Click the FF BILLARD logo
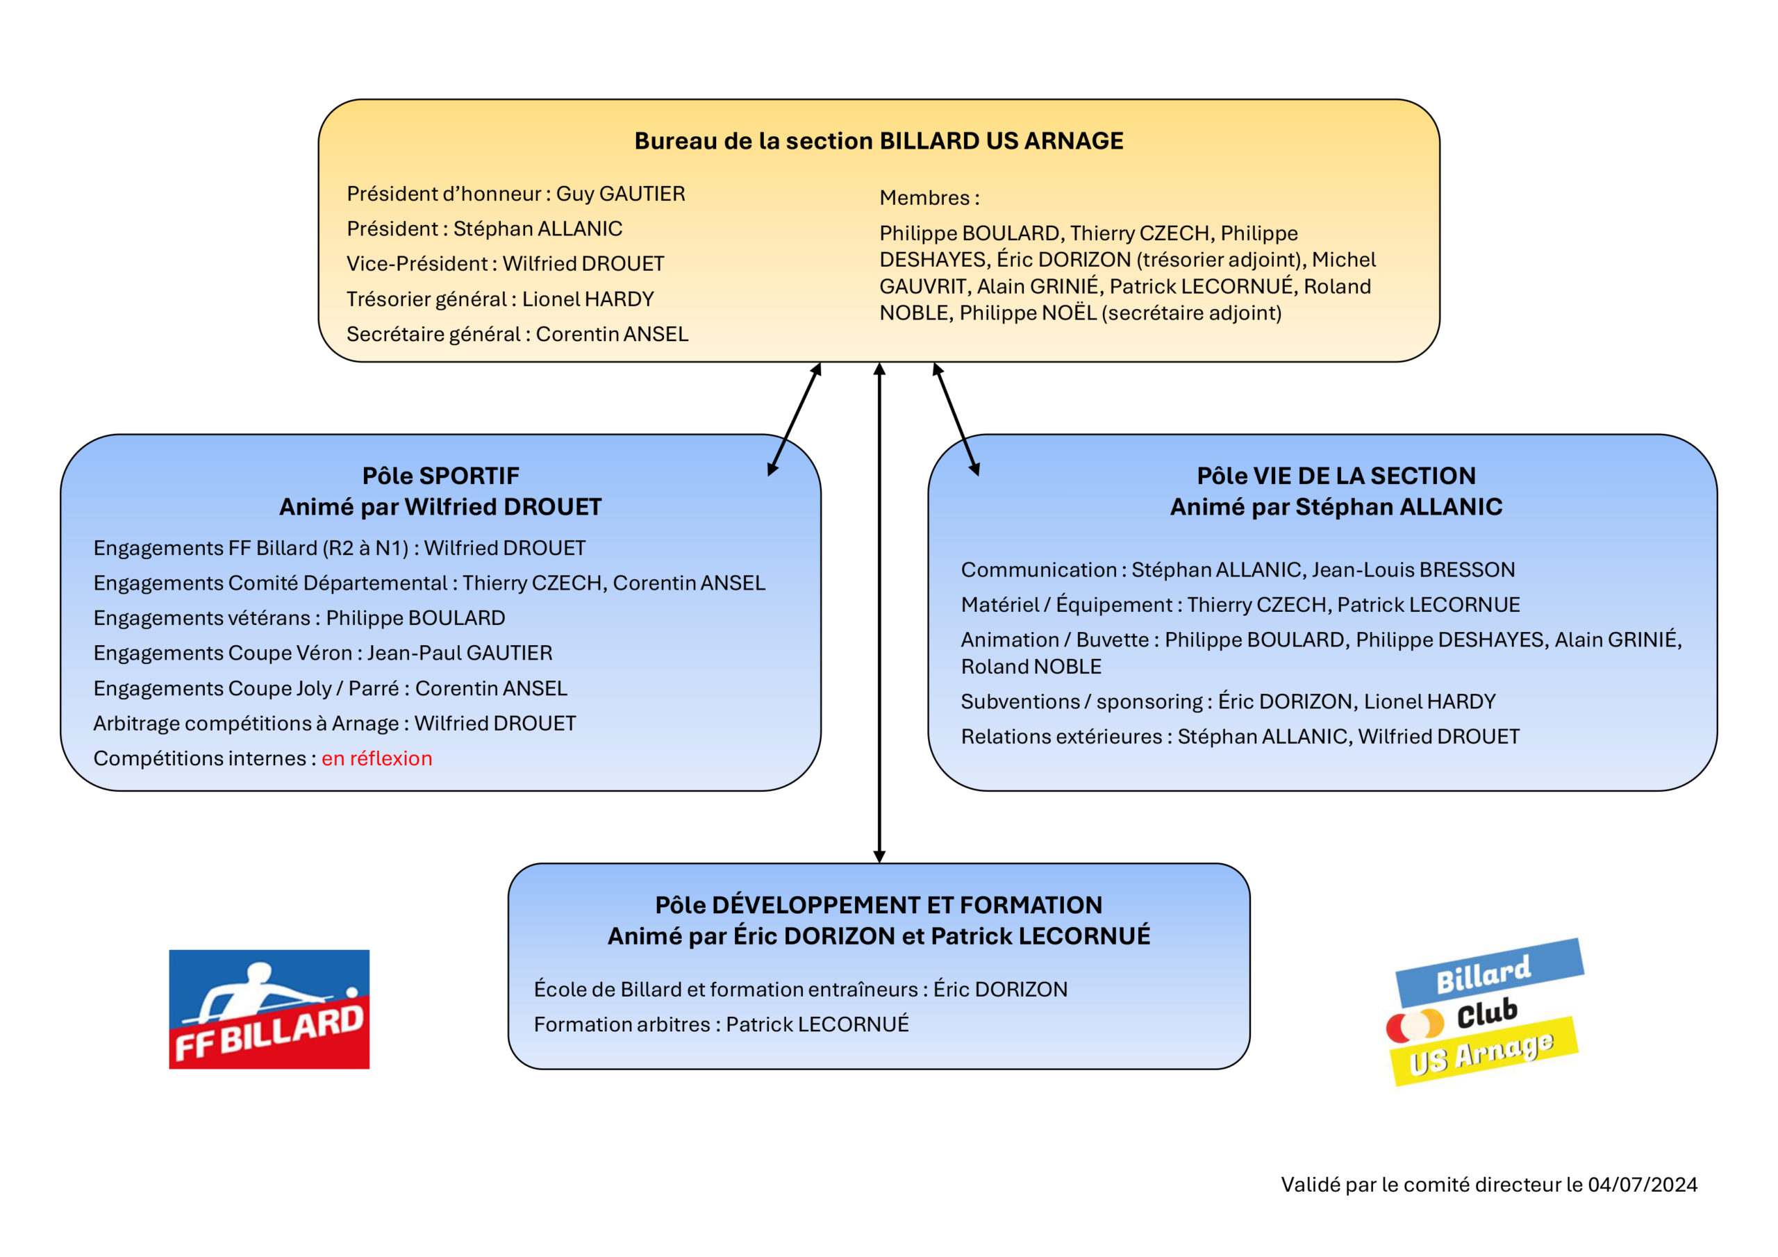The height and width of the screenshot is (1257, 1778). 269,1009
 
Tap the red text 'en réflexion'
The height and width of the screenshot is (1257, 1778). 377,758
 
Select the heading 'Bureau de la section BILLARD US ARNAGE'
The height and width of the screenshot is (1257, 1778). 879,141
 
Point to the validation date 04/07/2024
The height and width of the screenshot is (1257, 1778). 1643,1184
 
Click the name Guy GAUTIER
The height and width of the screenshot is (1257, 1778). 620,194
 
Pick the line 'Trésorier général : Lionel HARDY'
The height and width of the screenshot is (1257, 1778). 500,299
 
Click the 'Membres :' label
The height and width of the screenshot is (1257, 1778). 929,197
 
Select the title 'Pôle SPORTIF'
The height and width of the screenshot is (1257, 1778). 440,476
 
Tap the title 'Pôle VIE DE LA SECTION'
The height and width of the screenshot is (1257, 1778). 1336,476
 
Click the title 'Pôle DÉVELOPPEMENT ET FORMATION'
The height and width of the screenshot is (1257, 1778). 879,905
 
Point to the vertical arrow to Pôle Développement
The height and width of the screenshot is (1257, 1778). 879,613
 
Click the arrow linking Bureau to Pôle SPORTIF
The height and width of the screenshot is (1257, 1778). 794,419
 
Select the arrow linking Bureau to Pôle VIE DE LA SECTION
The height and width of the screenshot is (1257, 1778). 956,419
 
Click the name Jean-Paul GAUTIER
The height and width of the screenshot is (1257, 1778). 460,653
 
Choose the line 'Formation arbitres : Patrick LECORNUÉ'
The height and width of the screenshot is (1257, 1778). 721,1024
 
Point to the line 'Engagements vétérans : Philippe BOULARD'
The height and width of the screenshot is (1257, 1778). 299,618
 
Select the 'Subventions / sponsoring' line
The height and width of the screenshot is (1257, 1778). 1228,701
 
